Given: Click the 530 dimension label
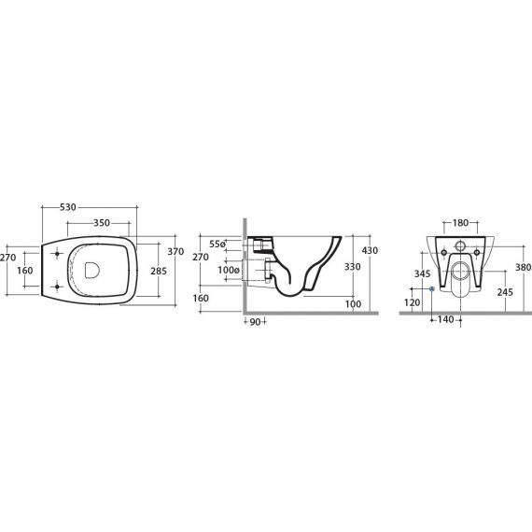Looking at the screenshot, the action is pyautogui.click(x=68, y=207).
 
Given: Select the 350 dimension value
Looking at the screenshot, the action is pyautogui.click(x=102, y=223).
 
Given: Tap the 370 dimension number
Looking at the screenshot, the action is pyautogui.click(x=175, y=251).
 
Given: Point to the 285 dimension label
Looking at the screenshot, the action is pyautogui.click(x=159, y=271).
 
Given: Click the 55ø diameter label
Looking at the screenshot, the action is pyautogui.click(x=217, y=244).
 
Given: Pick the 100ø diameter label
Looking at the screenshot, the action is pyautogui.click(x=229, y=271).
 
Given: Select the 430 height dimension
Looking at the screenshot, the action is pyautogui.click(x=370, y=250).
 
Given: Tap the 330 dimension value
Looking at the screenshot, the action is pyautogui.click(x=353, y=267).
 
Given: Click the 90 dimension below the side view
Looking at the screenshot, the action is pyautogui.click(x=255, y=322).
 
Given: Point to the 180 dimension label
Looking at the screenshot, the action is pyautogui.click(x=460, y=223).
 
